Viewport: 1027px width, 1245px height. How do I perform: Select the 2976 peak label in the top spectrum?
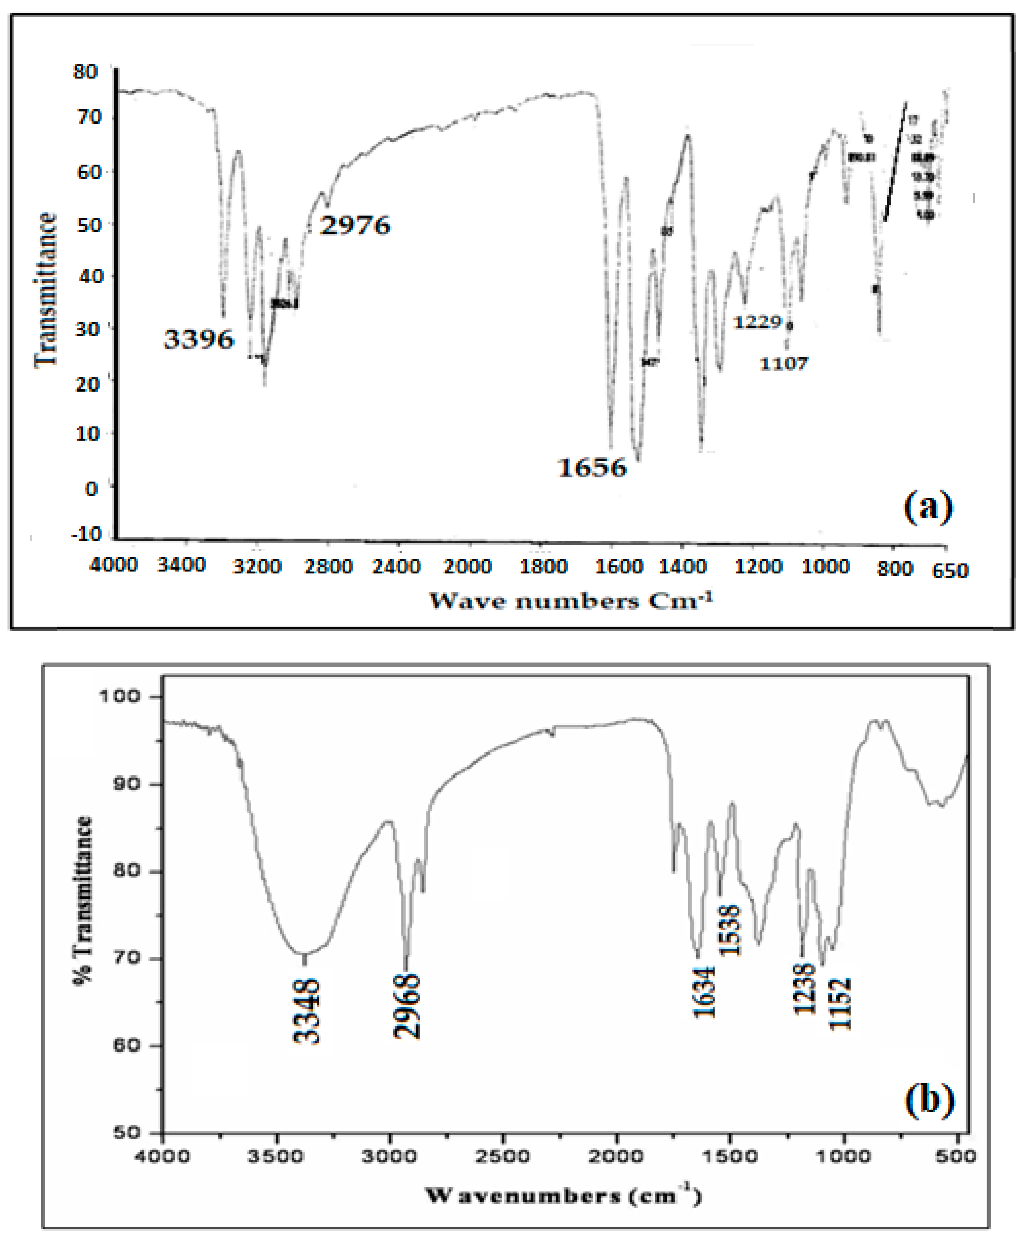pyautogui.click(x=355, y=225)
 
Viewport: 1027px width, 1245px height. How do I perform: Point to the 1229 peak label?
pyautogui.click(x=758, y=322)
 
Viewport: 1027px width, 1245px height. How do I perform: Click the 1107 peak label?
pyautogui.click(x=784, y=363)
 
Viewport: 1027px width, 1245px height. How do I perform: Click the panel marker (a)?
pyautogui.click(x=928, y=507)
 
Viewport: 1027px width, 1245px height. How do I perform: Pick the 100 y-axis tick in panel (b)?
pyautogui.click(x=119, y=696)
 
